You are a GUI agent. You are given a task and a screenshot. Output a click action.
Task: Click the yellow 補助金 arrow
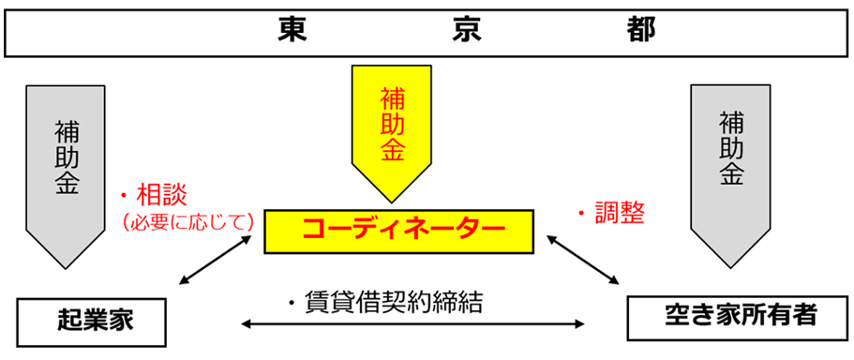pos(392,131)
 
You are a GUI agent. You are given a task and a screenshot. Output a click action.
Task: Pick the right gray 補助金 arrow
pos(730,169)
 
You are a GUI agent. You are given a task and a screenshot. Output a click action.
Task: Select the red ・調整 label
pos(610,213)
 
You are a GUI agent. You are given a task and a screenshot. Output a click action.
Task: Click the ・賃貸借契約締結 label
pos(386,302)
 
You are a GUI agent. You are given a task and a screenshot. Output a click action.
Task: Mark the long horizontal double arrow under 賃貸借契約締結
pos(412,325)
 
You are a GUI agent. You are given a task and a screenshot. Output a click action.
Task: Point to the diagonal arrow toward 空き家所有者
pos(584,261)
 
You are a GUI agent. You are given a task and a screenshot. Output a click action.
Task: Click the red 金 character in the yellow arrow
pos(392,150)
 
